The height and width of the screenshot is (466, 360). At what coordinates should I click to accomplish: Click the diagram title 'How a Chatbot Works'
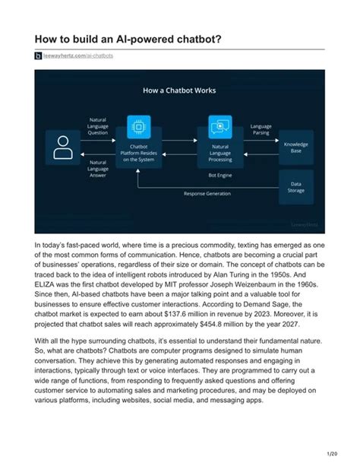tap(179, 90)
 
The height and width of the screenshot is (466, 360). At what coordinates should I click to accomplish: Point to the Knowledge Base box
tap(295, 147)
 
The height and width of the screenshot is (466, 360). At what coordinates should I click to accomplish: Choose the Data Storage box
tap(295, 185)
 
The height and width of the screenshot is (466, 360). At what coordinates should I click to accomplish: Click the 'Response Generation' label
tap(207, 193)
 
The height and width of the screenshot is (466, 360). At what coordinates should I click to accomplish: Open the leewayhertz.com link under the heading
tap(78, 55)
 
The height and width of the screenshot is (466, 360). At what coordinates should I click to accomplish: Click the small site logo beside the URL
tap(39, 55)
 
